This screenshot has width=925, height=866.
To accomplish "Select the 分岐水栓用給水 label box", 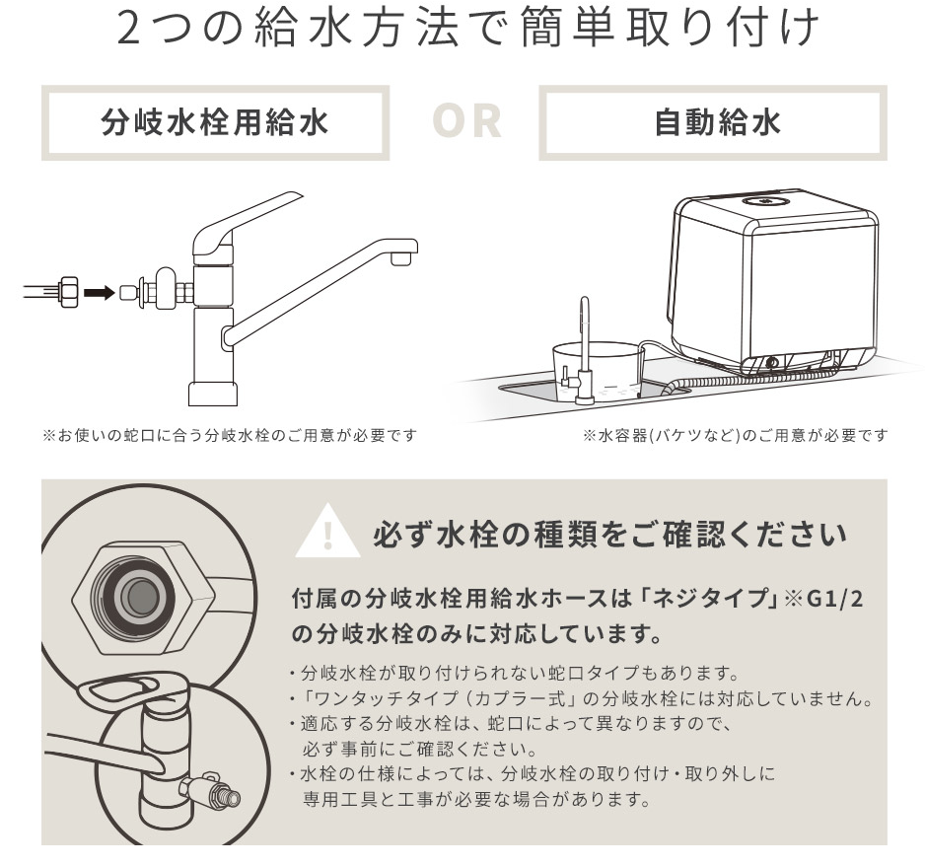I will [x=216, y=123].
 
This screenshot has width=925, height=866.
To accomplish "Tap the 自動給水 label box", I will [x=712, y=123].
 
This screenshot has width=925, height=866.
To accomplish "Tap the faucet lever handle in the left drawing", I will [x=242, y=223].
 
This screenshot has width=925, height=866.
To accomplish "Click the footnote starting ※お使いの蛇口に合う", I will [x=227, y=435].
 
